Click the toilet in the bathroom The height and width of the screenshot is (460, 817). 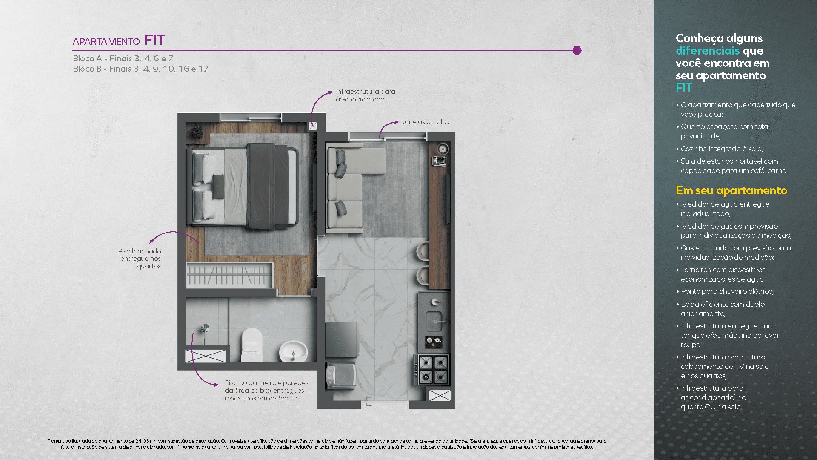tap(251, 344)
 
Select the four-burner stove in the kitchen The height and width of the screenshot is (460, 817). tap(433, 369)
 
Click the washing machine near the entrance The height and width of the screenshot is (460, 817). tap(341, 375)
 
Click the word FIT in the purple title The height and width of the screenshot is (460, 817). tap(154, 40)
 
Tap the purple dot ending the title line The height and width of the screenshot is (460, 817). tap(577, 50)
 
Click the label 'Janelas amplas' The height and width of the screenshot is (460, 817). tap(425, 122)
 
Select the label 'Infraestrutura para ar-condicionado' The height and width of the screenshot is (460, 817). tap(365, 95)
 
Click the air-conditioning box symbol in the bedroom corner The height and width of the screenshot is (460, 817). tap(313, 126)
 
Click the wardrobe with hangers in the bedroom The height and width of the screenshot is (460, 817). tap(229, 275)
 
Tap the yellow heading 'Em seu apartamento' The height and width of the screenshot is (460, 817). tap(731, 190)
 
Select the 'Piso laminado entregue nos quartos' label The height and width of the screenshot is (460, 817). tap(140, 259)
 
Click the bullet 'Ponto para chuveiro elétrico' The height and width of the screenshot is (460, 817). tap(727, 292)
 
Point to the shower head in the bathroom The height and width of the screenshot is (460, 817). tap(205, 328)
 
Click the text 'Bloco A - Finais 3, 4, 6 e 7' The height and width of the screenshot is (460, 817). tap(123, 59)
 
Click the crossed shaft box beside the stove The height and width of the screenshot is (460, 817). tap(440, 396)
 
